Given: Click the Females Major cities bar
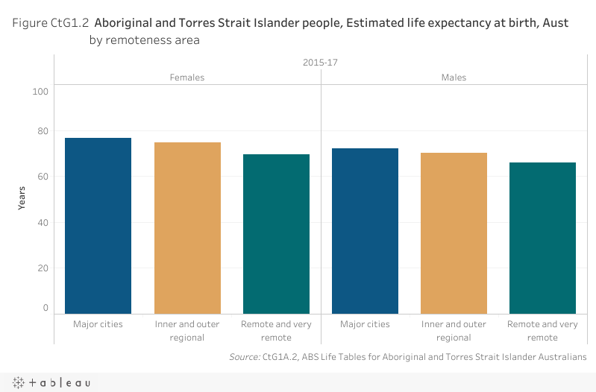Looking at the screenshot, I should (x=98, y=226).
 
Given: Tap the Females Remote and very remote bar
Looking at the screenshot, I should (x=276, y=234).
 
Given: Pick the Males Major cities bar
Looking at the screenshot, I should (x=365, y=231).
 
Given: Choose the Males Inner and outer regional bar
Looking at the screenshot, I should (x=454, y=233).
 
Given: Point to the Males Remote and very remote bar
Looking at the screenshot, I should (x=542, y=238).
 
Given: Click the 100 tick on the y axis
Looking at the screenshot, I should (x=40, y=92).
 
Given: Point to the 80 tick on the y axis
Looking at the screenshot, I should (x=43, y=132).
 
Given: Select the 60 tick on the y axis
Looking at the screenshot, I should (x=43, y=177).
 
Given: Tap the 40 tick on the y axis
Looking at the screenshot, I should (x=43, y=222).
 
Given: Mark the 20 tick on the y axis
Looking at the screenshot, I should (x=43, y=268).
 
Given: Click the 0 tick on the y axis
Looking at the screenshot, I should (x=46, y=308).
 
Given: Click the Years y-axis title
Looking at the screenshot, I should (x=22, y=197).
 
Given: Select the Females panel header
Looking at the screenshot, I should (x=187, y=78).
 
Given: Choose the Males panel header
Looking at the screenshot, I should (x=454, y=78).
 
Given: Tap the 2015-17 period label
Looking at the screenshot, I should (x=320, y=63).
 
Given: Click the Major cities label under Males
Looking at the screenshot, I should (x=365, y=324).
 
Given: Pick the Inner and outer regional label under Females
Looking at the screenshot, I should (x=187, y=331).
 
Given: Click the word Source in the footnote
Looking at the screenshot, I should (x=244, y=358).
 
